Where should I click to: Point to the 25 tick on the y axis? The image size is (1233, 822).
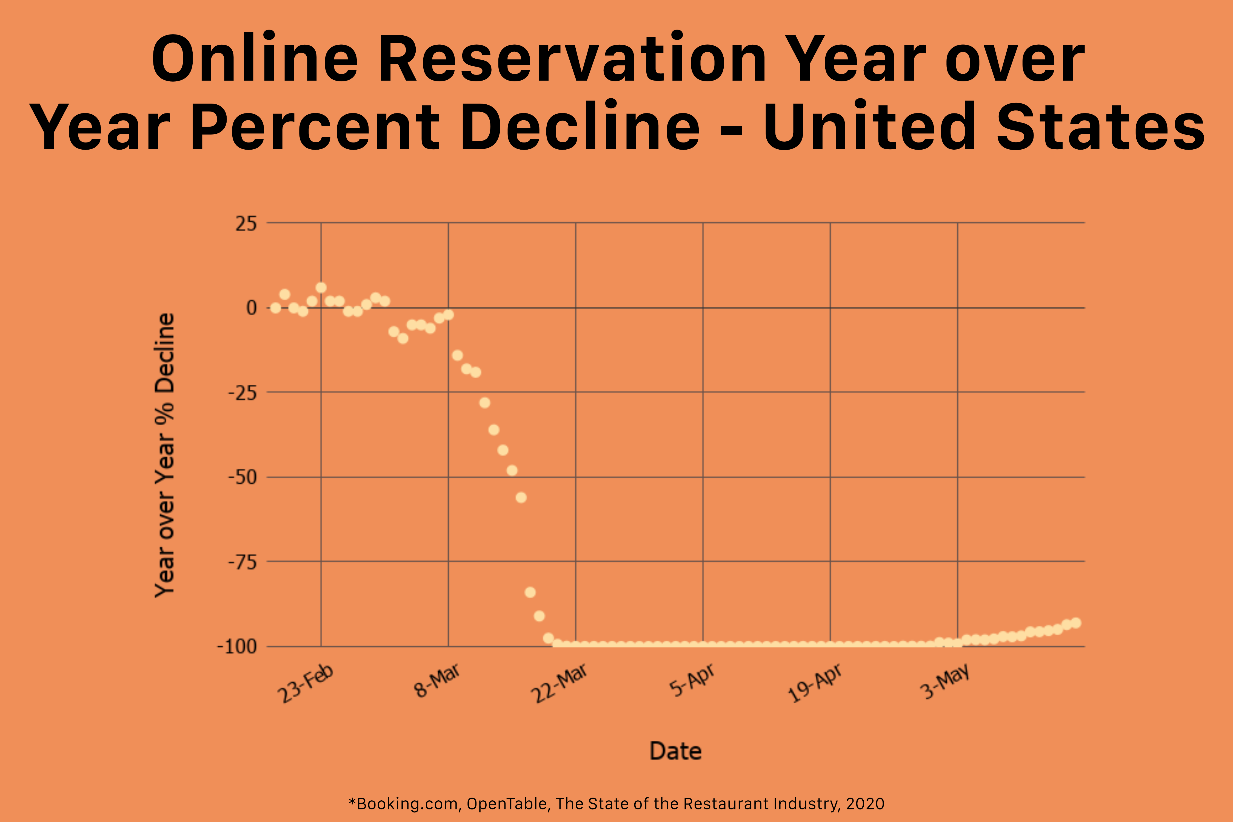click(x=246, y=224)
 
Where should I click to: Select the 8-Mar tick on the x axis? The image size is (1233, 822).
click(x=437, y=680)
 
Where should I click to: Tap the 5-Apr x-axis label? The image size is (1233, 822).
click(x=692, y=680)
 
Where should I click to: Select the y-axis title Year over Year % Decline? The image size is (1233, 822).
click(x=165, y=455)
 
